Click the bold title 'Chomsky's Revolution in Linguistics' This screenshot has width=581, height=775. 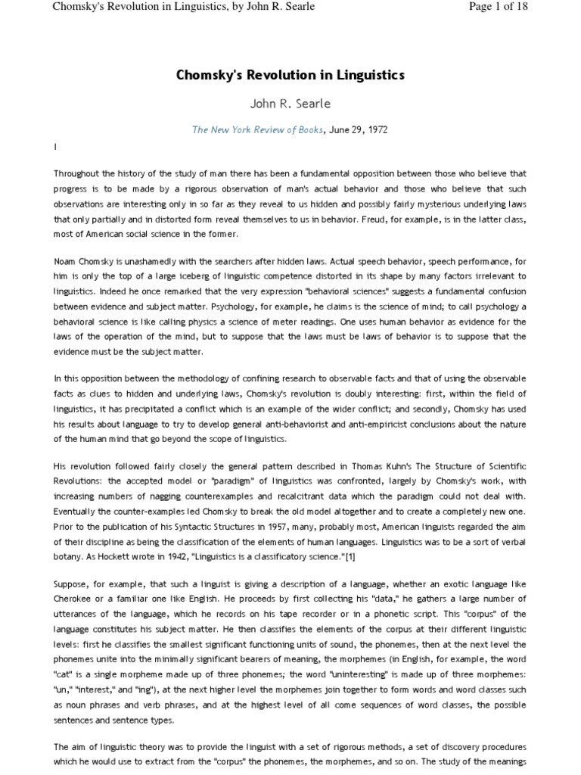tap(290, 75)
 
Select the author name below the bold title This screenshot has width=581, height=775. tap(290, 103)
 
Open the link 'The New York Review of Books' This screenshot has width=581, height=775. tap(258, 130)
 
